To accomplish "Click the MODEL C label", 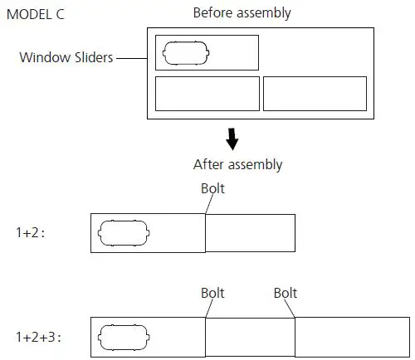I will coord(34,14).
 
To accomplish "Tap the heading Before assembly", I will coord(242,13).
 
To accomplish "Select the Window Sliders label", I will coord(67,58).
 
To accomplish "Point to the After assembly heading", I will coord(237,164).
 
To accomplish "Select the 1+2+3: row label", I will coord(38,338).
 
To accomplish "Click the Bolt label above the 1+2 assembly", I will coord(213,188).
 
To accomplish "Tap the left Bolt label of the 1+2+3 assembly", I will coord(213,293).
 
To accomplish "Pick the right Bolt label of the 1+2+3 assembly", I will coord(286,293).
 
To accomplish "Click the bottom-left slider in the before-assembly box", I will coord(207,94).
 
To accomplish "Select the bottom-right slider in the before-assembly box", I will coord(315,94).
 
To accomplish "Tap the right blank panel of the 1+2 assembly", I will coord(250,233).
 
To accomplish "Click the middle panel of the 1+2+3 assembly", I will coord(250,338).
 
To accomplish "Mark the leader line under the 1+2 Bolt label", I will coord(207,207).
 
